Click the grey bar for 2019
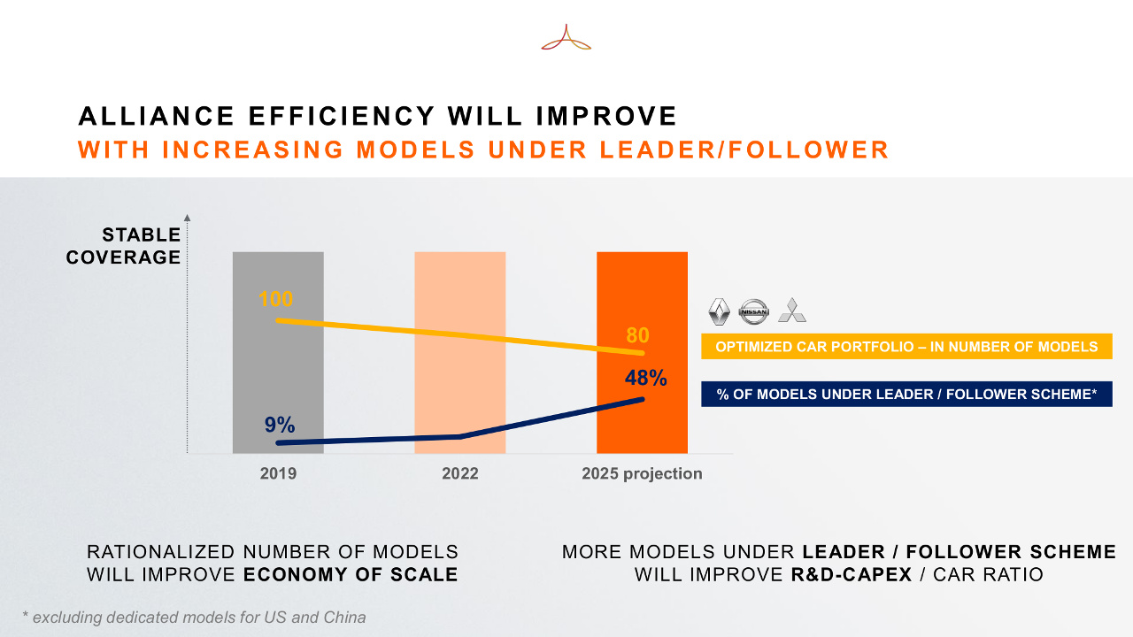coord(278,380)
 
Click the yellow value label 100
coord(276,299)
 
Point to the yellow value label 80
coord(637,335)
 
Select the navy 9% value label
coord(280,424)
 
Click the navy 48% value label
coord(645,378)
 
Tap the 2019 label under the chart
coord(278,473)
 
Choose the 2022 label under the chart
coord(460,473)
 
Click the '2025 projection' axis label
coord(642,473)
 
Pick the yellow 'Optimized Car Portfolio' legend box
coord(906,347)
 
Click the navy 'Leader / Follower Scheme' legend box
coord(906,394)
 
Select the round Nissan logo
coord(754,311)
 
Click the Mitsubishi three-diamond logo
coord(791,311)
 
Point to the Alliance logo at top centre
coord(566,38)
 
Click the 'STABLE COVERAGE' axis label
coord(124,246)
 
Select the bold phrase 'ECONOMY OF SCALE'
coord(351,574)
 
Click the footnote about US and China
coord(194,618)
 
